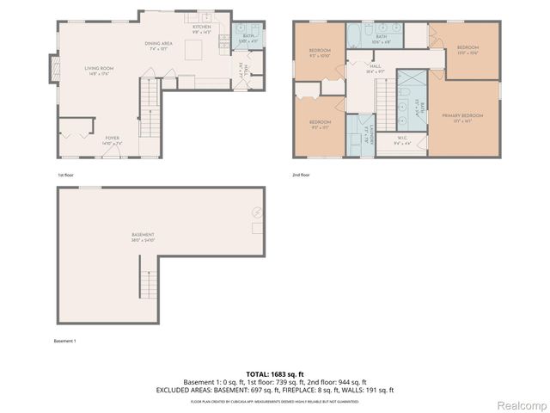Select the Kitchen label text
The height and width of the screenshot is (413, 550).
(x=201, y=28)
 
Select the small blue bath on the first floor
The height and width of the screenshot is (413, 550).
(x=247, y=37)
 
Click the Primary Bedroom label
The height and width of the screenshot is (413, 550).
(x=462, y=116)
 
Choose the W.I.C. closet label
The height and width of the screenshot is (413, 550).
(x=403, y=139)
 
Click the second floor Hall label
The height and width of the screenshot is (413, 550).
(x=376, y=67)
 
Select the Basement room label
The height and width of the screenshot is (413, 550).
(x=143, y=236)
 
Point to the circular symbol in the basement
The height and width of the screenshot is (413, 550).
(x=256, y=212)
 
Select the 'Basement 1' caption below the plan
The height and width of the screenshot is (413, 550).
(x=64, y=341)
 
